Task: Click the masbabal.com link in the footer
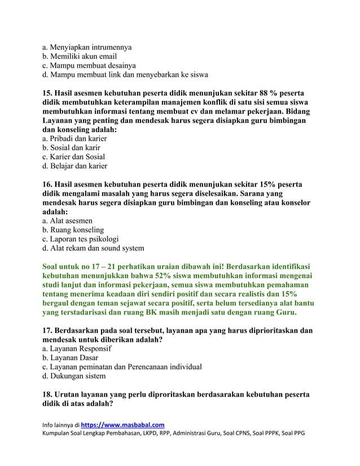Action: (x=123, y=424)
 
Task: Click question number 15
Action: (x=49, y=93)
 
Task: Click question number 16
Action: (x=49, y=184)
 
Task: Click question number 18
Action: (x=49, y=395)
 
